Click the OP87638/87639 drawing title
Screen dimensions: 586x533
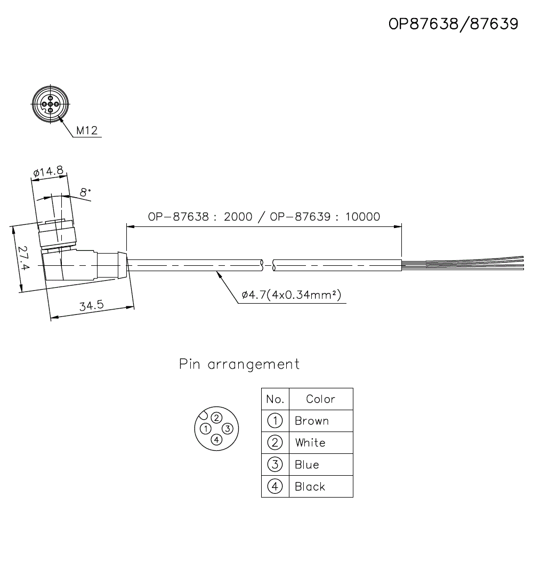tap(453, 24)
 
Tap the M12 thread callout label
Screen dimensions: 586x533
tap(87, 130)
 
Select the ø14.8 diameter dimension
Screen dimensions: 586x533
tap(48, 172)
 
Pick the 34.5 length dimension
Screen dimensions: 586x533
tap(91, 306)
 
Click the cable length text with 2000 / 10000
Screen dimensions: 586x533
tap(264, 217)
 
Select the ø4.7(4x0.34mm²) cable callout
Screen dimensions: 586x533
tap(291, 295)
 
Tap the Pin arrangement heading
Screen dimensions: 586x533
tap(239, 364)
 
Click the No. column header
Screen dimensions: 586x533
tap(275, 399)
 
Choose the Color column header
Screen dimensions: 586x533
tap(320, 399)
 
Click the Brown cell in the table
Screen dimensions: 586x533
tap(312, 421)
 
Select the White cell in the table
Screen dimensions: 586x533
tap(310, 443)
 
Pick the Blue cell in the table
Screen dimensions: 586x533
tap(307, 465)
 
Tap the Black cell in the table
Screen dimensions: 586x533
tap(310, 486)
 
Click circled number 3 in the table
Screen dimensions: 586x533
tap(275, 465)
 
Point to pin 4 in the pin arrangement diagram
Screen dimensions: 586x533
tap(216, 439)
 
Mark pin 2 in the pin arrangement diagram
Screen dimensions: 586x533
tap(216, 418)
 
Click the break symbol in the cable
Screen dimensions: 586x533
tap(268, 264)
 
